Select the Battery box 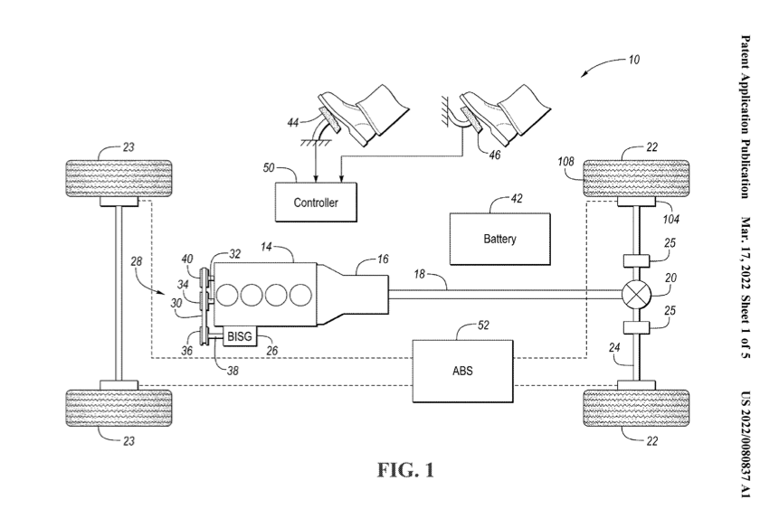pos(499,238)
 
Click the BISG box pos(240,336)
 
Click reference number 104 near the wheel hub pos(670,218)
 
